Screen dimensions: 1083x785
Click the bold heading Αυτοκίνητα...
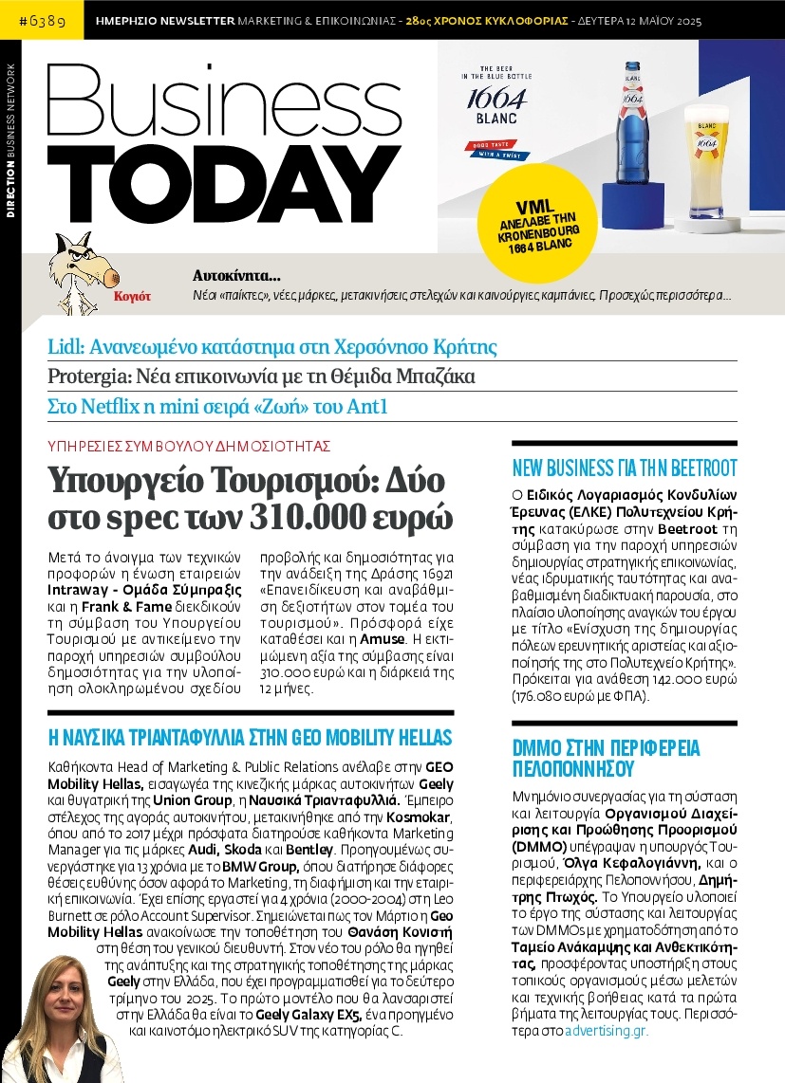(236, 277)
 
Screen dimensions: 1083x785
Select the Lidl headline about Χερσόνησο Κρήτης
(272, 346)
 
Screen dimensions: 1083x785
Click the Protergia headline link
(261, 376)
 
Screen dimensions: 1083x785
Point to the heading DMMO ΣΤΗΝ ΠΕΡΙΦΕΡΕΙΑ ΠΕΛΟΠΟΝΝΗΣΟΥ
(606, 757)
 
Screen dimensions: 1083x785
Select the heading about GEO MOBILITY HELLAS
(250, 737)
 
